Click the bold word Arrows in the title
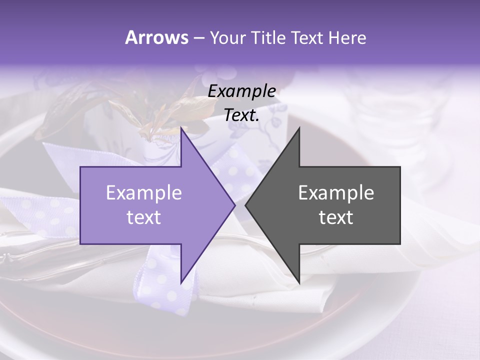[156, 37]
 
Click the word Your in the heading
[227, 37]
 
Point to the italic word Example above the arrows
[241, 91]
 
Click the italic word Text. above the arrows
[241, 115]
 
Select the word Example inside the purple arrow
[144, 192]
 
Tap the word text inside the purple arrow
[144, 217]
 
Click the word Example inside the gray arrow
[336, 192]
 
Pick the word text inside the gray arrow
[336, 217]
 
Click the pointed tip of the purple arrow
[234, 205]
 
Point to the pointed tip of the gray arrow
[246, 205]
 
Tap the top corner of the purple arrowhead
[181, 128]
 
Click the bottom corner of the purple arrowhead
[181, 282]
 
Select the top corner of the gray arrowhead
[299, 128]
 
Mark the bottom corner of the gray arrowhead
[299, 282]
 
